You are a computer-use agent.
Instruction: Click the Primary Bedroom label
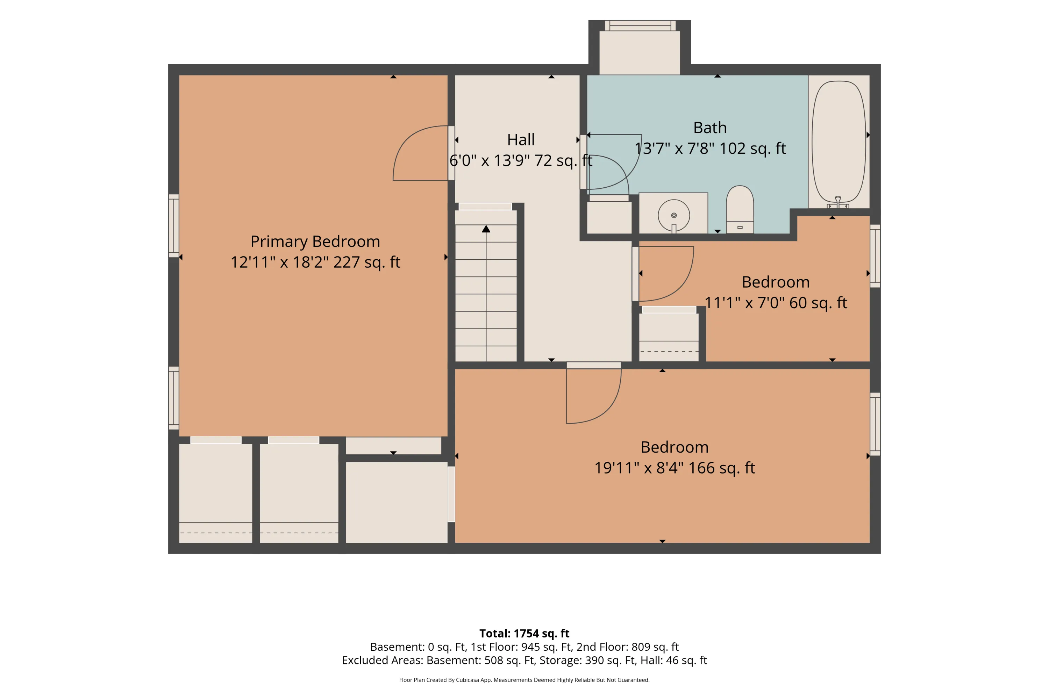[x=315, y=242]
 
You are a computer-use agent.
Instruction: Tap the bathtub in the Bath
[x=839, y=142]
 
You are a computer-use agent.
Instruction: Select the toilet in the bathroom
[x=740, y=209]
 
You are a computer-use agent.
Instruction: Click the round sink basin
[x=674, y=215]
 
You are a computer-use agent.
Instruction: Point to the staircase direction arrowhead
[x=486, y=229]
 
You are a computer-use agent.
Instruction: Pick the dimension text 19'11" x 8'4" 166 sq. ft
[x=675, y=468]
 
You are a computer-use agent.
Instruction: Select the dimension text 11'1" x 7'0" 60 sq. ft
[x=776, y=303]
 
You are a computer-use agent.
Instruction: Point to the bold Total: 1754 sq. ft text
[x=524, y=633]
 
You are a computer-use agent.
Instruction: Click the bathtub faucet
[x=838, y=202]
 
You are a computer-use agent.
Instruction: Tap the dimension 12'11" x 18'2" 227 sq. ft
[x=315, y=262]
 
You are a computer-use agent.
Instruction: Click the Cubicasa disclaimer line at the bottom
[x=524, y=680]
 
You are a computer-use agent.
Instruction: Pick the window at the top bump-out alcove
[x=640, y=26]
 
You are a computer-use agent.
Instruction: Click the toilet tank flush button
[x=740, y=228]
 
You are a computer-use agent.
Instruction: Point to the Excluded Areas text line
[x=524, y=660]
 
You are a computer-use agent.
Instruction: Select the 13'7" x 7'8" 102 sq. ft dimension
[x=710, y=149]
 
